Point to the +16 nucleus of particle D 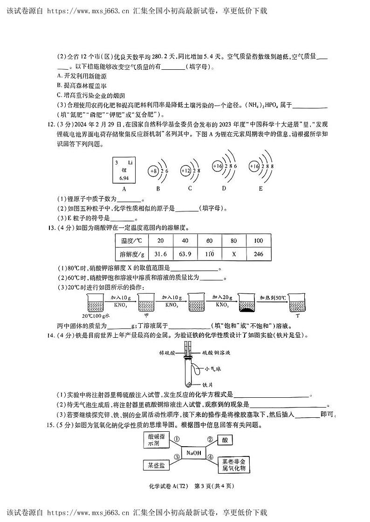pyautogui.click(x=218, y=166)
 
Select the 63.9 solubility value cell pyautogui.click(x=185, y=254)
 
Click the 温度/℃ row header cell pyautogui.click(x=131, y=241)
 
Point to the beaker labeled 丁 pyautogui.click(x=297, y=303)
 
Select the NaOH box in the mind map pyautogui.click(x=193, y=453)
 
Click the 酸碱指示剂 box pyautogui.click(x=156, y=440)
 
